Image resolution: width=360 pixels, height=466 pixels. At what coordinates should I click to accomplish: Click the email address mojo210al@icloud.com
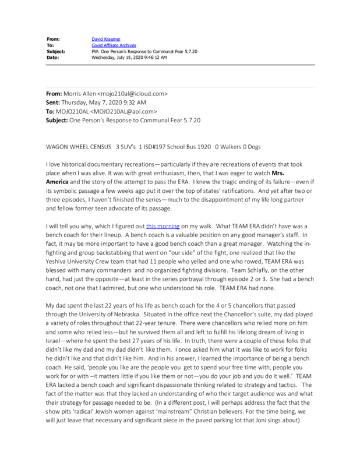point(133,93)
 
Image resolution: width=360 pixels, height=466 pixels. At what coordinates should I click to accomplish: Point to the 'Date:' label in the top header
point(54,57)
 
